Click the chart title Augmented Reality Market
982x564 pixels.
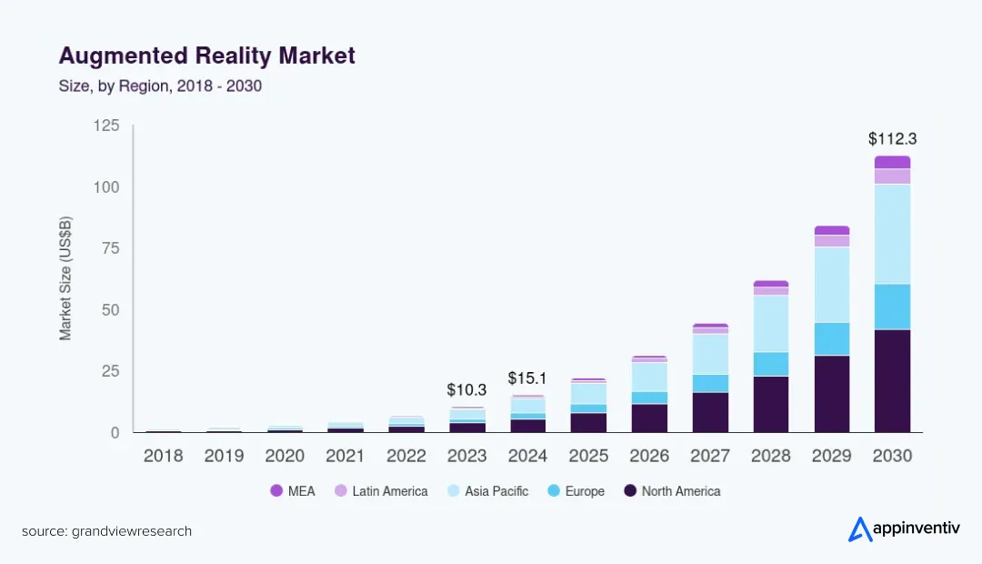click(x=206, y=55)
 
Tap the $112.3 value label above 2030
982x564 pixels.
click(x=892, y=139)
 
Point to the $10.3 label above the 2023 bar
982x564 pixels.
click(x=466, y=389)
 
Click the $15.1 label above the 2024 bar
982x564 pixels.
click(x=527, y=378)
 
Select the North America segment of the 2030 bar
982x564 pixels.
click(x=892, y=380)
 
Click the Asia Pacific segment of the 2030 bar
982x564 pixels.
click(x=892, y=234)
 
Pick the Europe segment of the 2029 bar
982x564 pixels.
click(x=831, y=338)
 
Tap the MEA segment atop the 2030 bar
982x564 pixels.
click(x=892, y=162)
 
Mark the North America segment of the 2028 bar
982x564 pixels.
click(x=770, y=404)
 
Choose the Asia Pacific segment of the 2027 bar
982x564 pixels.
click(x=709, y=354)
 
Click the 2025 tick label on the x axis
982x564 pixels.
click(x=588, y=456)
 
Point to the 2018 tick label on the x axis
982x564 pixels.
click(x=163, y=456)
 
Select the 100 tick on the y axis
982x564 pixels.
click(x=107, y=187)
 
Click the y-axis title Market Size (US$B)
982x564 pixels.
click(x=65, y=278)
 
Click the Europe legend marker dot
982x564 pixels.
click(x=553, y=491)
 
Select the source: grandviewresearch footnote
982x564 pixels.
click(x=107, y=531)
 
